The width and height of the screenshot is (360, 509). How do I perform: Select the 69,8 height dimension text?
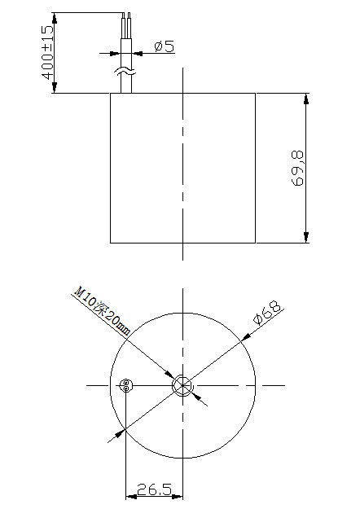point(297,168)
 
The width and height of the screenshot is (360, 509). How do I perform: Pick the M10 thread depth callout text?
point(102,309)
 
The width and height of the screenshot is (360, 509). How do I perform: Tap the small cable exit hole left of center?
point(125,386)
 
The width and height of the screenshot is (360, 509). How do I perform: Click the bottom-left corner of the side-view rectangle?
point(111,243)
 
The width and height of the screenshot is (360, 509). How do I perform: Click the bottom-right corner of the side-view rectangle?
point(257,243)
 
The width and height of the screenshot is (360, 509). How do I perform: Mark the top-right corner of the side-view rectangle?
point(257,94)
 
